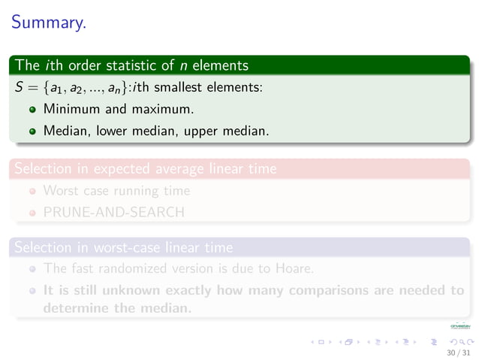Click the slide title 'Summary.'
[x=48, y=23]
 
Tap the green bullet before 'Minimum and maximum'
[x=32, y=110]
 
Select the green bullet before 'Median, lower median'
[x=32, y=131]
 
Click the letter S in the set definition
[x=19, y=87]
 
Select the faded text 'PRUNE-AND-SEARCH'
[x=113, y=212]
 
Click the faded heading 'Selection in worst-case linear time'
[x=124, y=247]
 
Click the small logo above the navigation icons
[x=458, y=326]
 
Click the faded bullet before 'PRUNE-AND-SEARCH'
[x=32, y=213]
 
